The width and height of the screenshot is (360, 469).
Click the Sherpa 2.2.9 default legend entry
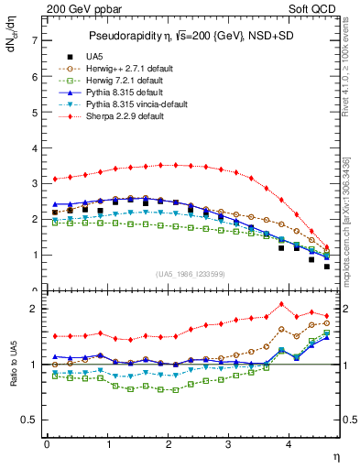pyautogui.click(x=120, y=119)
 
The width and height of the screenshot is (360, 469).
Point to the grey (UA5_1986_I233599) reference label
pyautogui.click(x=198, y=274)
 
